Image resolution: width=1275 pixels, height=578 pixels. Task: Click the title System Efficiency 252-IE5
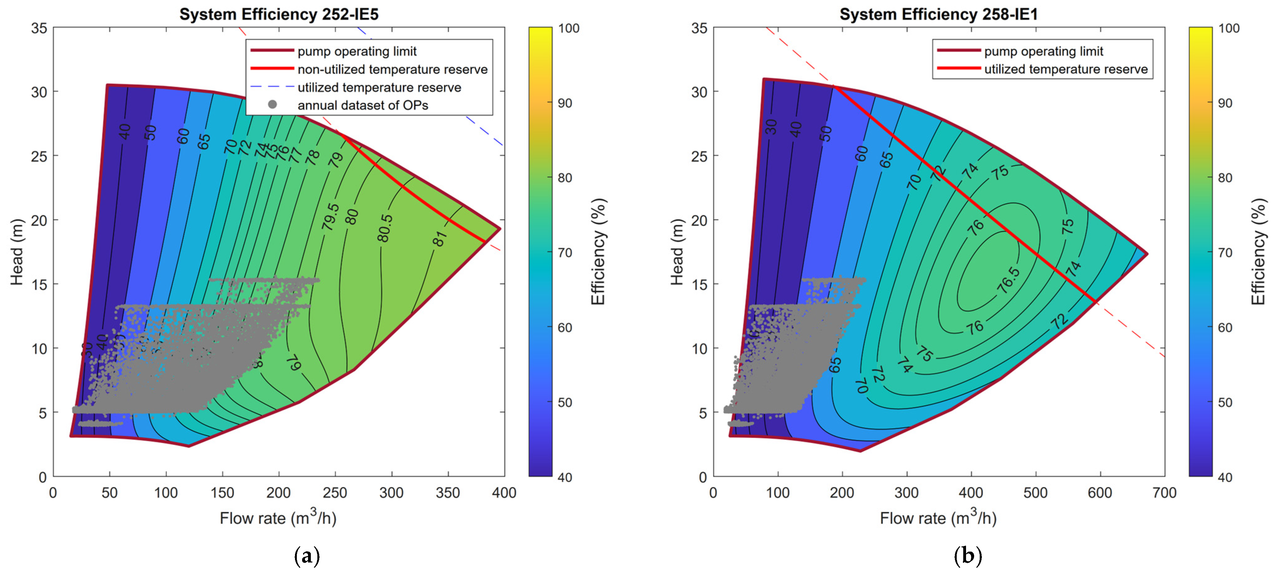click(279, 14)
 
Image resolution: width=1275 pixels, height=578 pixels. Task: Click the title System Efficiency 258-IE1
click(938, 14)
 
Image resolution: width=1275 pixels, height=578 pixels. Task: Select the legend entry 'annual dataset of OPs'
click(362, 105)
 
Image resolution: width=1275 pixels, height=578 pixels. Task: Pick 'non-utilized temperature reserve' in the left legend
click(392, 69)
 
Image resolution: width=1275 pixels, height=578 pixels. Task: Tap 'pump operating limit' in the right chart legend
click(1043, 52)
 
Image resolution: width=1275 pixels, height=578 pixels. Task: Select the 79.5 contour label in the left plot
click(330, 217)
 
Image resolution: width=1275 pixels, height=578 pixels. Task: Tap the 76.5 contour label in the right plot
click(1008, 280)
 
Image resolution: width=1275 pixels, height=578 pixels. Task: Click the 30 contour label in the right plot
click(771, 127)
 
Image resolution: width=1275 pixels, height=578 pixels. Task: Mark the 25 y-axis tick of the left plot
click(39, 156)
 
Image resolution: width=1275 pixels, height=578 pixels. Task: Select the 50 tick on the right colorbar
click(1225, 403)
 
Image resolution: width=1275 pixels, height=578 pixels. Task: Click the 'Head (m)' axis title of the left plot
click(17, 252)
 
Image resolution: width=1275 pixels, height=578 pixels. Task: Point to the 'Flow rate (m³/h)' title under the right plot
click(938, 518)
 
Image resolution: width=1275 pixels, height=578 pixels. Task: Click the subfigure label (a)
click(307, 556)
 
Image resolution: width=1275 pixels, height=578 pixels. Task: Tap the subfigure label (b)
click(967, 556)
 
